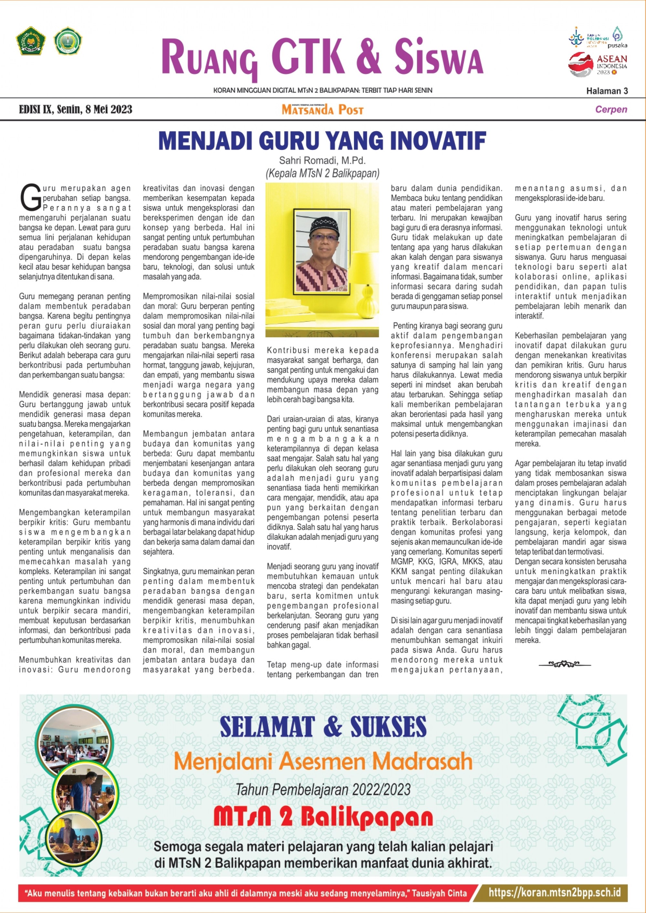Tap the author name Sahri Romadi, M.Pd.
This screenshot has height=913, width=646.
322,161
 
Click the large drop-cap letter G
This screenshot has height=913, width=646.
30,198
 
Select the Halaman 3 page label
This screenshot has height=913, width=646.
607,91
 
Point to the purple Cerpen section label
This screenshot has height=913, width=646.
611,110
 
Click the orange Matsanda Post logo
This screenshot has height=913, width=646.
323,110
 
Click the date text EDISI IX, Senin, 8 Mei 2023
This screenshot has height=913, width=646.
76,110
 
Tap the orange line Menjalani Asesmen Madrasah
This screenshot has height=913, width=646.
323,761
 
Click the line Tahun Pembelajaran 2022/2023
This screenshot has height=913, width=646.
323,789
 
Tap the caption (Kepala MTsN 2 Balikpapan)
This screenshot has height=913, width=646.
322,173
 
